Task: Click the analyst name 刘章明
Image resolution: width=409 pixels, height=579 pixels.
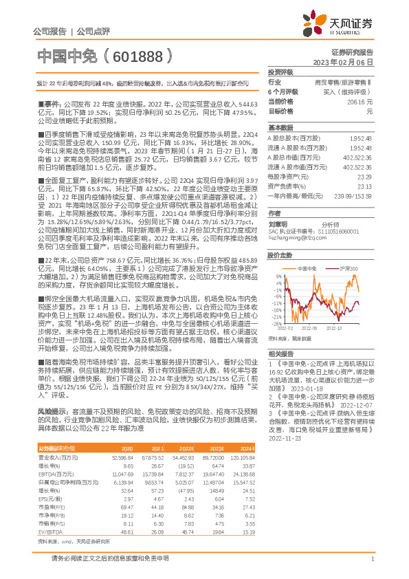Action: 278,224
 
